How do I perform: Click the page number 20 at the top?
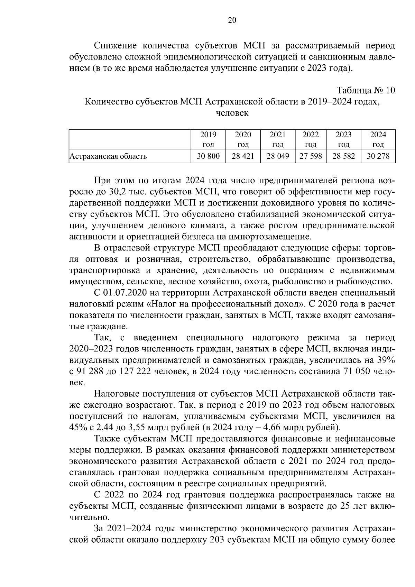pos(232,20)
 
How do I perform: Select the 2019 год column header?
pos(208,139)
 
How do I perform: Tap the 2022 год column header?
pos(311,139)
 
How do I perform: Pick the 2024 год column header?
pos(378,139)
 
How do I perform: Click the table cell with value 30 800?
pos(208,156)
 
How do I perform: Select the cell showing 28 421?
pos(243,156)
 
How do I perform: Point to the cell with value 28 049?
pos(277,156)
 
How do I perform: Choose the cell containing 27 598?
pos(311,156)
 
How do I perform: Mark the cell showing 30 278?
pos(378,156)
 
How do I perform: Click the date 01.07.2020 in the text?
pos(126,293)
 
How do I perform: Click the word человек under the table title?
pos(232,113)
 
